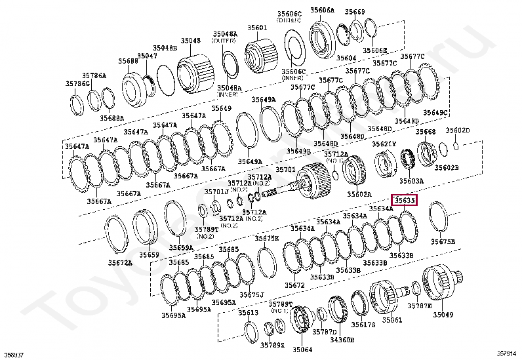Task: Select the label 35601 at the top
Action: tap(257, 28)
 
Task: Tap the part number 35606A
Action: tap(323, 11)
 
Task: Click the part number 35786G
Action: tap(77, 83)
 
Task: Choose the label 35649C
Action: tap(435, 113)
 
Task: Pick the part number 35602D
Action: tap(458, 130)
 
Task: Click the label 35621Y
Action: tap(384, 144)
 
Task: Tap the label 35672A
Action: tap(120, 262)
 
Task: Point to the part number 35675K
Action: tap(267, 238)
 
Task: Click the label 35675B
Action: tap(443, 241)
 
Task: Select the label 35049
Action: tap(445, 315)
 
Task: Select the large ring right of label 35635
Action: tap(439, 216)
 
